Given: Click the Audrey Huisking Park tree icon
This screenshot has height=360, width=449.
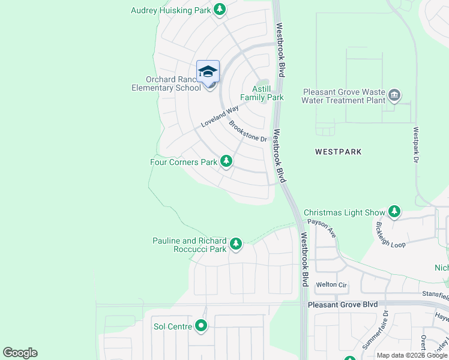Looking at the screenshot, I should point(220,10).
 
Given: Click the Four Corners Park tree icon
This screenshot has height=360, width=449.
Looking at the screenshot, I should point(226,161).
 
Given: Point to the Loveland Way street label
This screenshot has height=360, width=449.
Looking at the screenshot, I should point(219,116).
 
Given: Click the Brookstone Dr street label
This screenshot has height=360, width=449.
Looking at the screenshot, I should point(247,131).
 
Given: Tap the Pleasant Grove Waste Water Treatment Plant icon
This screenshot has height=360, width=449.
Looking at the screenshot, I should point(394,95).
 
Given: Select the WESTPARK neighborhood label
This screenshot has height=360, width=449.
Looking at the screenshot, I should point(339,152).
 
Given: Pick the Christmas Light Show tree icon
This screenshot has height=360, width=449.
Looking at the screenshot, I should point(394,211).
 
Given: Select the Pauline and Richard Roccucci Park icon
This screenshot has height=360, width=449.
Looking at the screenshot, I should point(236,244).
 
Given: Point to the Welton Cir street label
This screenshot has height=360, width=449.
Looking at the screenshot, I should point(331,284).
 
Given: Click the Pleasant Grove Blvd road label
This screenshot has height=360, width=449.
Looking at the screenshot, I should point(343,305).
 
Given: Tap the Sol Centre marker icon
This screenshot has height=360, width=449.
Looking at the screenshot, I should point(201,326).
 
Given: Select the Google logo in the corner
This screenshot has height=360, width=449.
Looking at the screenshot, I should point(20,353).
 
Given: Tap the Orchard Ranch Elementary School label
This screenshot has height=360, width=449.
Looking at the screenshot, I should point(166,83).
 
